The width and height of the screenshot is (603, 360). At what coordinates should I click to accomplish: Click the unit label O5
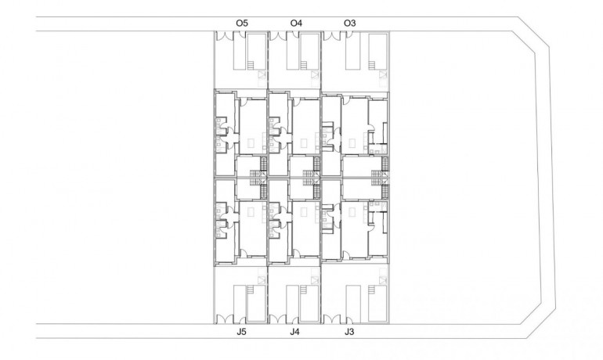point(242,23)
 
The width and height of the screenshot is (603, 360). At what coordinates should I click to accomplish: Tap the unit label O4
point(295,23)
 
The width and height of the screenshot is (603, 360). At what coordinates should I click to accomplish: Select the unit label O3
point(350,23)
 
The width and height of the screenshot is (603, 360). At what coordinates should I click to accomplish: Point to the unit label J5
point(242,333)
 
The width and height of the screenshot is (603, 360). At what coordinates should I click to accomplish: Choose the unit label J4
point(294,333)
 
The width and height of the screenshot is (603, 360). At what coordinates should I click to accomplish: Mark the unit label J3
point(349,333)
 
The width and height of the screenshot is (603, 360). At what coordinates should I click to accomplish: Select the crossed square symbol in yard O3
point(382,75)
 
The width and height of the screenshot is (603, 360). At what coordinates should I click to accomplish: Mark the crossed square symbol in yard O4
point(314,75)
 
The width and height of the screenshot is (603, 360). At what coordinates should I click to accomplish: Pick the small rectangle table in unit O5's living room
point(250,143)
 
